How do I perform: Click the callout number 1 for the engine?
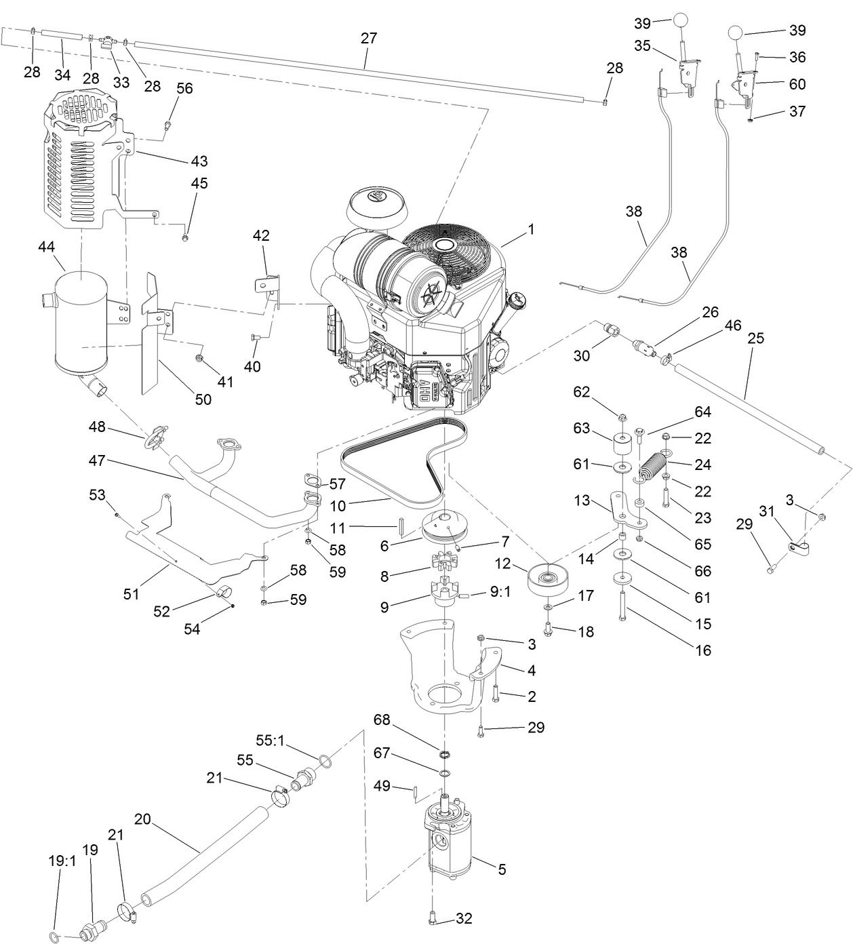click(x=531, y=229)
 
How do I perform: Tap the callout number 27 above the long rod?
click(x=368, y=38)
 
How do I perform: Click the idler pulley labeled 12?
click(x=547, y=578)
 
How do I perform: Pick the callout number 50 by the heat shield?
click(x=203, y=399)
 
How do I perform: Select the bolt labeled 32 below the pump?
click(x=434, y=920)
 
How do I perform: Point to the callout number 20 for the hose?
click(x=142, y=819)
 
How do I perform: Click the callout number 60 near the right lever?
click(x=797, y=83)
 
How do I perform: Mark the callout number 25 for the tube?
click(x=755, y=338)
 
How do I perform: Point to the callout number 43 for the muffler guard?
click(x=199, y=161)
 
